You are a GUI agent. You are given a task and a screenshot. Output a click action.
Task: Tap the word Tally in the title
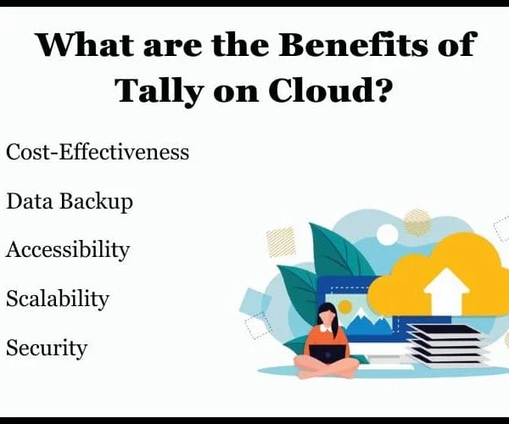click(x=159, y=90)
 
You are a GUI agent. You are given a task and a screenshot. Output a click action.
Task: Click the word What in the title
click(x=85, y=44)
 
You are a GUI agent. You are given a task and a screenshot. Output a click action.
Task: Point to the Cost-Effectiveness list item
click(x=98, y=152)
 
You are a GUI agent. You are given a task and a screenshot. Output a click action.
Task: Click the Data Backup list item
click(x=70, y=202)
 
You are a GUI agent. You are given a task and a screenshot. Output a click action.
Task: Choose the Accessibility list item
click(x=68, y=250)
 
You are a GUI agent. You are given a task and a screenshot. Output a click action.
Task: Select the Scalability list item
click(x=58, y=298)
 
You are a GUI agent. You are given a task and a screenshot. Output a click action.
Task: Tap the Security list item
click(x=47, y=348)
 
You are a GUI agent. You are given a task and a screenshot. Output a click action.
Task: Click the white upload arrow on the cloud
click(x=447, y=291)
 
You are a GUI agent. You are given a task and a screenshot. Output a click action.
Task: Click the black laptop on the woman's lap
click(x=327, y=354)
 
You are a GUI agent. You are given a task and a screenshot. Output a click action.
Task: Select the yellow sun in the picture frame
click(x=344, y=307)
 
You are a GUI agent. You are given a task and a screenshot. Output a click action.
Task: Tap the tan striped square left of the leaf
click(x=281, y=242)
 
